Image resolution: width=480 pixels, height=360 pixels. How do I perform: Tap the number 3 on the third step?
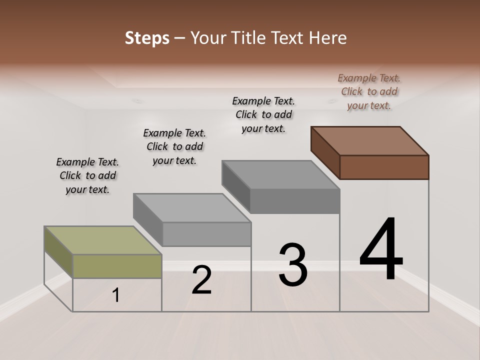tap(292, 264)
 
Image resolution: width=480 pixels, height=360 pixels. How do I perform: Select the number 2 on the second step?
tap(201, 280)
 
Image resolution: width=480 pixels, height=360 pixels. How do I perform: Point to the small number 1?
tap(116, 295)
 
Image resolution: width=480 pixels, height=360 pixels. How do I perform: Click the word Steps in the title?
tap(147, 38)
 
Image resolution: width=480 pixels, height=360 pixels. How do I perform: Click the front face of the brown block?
tap(384, 167)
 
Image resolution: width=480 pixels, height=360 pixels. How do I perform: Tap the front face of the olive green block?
tap(117, 266)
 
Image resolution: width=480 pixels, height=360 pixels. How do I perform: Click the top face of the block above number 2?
tap(192, 207)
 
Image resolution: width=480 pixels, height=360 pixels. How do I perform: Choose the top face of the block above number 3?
tap(280, 175)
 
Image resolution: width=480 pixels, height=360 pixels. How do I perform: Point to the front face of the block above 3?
tap(295, 201)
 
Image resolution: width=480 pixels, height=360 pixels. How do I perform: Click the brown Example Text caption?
tap(369, 91)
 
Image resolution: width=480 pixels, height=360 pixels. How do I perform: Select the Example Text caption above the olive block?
tap(87, 175)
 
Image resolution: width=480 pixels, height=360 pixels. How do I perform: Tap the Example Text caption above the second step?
tap(174, 146)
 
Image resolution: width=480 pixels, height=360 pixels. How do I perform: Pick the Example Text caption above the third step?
tap(263, 114)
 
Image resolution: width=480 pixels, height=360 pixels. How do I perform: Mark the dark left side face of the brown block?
tap(325, 152)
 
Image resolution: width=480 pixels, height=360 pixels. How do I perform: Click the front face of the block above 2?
tap(206, 234)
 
